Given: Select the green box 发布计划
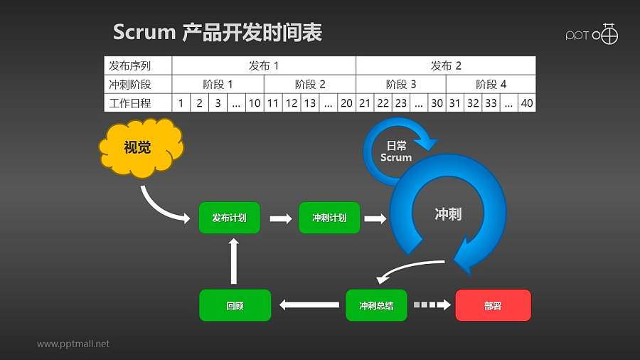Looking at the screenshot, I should [229, 218].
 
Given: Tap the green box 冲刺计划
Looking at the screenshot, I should [329, 218].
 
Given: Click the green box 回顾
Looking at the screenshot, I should [235, 305].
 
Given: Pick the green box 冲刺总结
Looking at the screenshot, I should [376, 305].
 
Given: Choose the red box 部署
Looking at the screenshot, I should [493, 305].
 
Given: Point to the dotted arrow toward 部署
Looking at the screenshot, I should [432, 305].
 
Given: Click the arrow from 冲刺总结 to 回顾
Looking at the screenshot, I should [309, 305].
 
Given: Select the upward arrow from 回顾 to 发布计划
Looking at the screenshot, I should [234, 261].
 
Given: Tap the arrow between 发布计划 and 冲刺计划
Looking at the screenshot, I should [280, 218].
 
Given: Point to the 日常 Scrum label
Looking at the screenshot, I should [395, 152].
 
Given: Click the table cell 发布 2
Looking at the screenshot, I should [446, 66].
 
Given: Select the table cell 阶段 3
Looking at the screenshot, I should [401, 84].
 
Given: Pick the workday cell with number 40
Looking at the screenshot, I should [526, 103].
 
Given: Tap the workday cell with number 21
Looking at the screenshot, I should [365, 103].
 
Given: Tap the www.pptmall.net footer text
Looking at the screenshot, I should [73, 344].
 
